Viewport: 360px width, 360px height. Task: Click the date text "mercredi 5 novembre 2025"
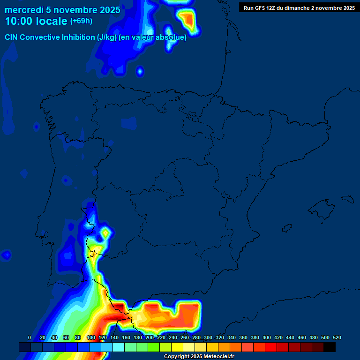(x=62, y=10)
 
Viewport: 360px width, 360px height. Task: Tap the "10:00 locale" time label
(x=36, y=22)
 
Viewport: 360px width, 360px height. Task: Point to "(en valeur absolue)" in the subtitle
(x=153, y=37)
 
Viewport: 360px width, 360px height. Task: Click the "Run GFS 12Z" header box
(x=299, y=8)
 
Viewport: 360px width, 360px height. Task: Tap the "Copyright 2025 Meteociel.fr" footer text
(x=199, y=357)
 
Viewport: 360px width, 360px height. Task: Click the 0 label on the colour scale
(x=30, y=337)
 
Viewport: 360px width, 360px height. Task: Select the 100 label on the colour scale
(x=91, y=337)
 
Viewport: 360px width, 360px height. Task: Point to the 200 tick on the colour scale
(x=150, y=337)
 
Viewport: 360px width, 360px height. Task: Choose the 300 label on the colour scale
(x=208, y=337)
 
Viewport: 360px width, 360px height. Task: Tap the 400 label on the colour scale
(x=267, y=337)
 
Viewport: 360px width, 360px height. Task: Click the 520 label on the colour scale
(x=337, y=337)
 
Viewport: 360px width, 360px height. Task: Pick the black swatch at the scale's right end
(x=330, y=347)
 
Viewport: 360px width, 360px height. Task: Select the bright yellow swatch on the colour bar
(x=177, y=347)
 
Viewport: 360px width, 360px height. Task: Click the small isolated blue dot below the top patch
(x=140, y=71)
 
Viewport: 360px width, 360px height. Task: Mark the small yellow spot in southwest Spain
(x=105, y=232)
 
